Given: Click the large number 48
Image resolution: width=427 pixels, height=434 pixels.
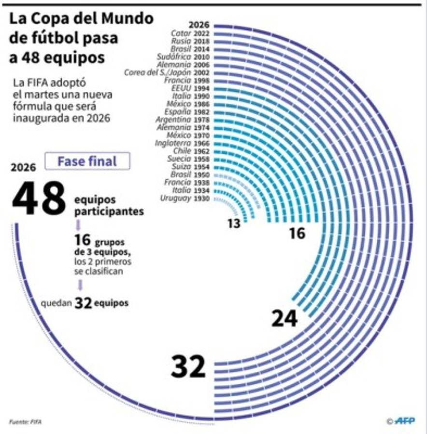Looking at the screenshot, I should [39, 198].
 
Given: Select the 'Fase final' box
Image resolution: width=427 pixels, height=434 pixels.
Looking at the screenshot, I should [87, 161].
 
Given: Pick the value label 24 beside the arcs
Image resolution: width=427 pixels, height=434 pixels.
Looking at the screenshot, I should [284, 319].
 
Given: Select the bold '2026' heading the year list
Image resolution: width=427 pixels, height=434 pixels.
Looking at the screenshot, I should [199, 25].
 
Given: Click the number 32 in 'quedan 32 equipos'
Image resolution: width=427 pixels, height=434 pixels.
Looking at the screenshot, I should [83, 303].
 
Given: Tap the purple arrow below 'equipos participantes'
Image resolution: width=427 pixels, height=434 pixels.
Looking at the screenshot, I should [78, 225].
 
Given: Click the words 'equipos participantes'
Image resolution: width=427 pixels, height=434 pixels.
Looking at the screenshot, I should [108, 205].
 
